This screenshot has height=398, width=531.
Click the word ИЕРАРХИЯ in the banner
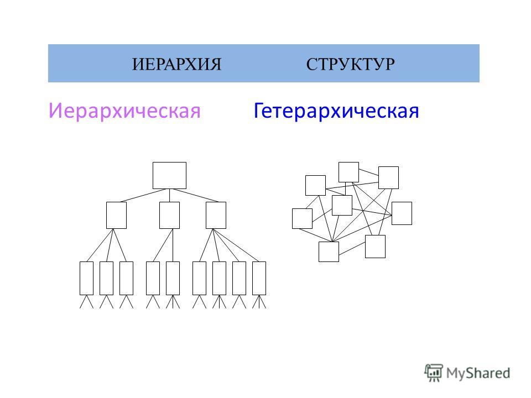click(x=176, y=64)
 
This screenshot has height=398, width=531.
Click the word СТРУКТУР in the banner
click(x=351, y=64)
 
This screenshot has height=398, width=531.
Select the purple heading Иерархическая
click(x=124, y=111)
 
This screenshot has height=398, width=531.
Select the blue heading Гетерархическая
click(x=336, y=111)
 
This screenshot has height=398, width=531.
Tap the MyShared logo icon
click(x=434, y=373)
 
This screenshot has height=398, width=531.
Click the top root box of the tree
click(x=169, y=175)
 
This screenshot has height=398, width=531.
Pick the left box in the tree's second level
click(x=116, y=215)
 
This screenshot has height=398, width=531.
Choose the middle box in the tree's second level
click(x=169, y=215)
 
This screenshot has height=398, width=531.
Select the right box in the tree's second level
click(x=216, y=215)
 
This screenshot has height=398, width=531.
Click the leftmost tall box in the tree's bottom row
click(x=86, y=278)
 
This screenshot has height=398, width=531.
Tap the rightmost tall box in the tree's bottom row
click(x=259, y=278)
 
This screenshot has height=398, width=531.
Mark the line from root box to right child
click(x=196, y=195)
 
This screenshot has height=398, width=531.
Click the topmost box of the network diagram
click(x=349, y=172)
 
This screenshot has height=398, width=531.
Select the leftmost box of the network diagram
click(x=302, y=219)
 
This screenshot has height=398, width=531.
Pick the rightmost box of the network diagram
click(x=402, y=213)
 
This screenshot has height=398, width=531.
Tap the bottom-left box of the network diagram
click(x=329, y=252)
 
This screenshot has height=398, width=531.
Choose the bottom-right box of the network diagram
click(x=375, y=247)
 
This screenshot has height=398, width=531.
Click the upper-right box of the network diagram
click(x=388, y=177)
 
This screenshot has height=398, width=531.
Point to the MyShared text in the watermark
click(x=478, y=373)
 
